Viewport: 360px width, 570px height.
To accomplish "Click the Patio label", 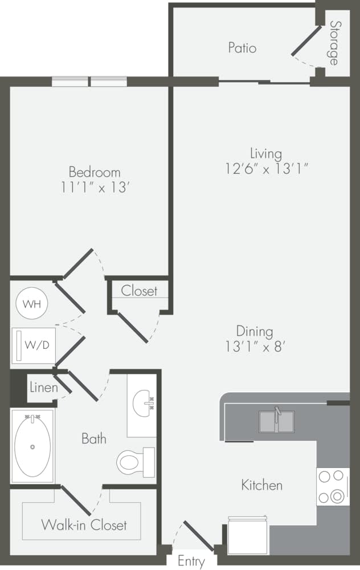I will click(242, 47).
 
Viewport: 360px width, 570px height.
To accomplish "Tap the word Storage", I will click(333, 43).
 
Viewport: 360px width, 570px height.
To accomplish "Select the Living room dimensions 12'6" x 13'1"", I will click(266, 168).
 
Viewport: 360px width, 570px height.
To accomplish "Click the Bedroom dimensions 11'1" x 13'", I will click(94, 186).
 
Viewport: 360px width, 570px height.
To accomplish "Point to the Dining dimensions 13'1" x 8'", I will click(255, 345).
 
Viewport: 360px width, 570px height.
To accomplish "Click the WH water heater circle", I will click(32, 304).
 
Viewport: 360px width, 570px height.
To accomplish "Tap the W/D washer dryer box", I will click(33, 345).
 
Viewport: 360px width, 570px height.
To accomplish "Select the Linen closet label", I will click(43, 388).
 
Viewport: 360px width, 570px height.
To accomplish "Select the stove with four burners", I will click(333, 486).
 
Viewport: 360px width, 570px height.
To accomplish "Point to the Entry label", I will click(191, 561).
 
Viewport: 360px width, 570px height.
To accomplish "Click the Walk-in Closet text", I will click(84, 524).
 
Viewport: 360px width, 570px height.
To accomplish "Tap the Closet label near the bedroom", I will click(139, 291).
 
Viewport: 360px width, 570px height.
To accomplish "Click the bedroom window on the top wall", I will click(89, 82).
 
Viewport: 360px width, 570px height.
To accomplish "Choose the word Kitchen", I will click(261, 485).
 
